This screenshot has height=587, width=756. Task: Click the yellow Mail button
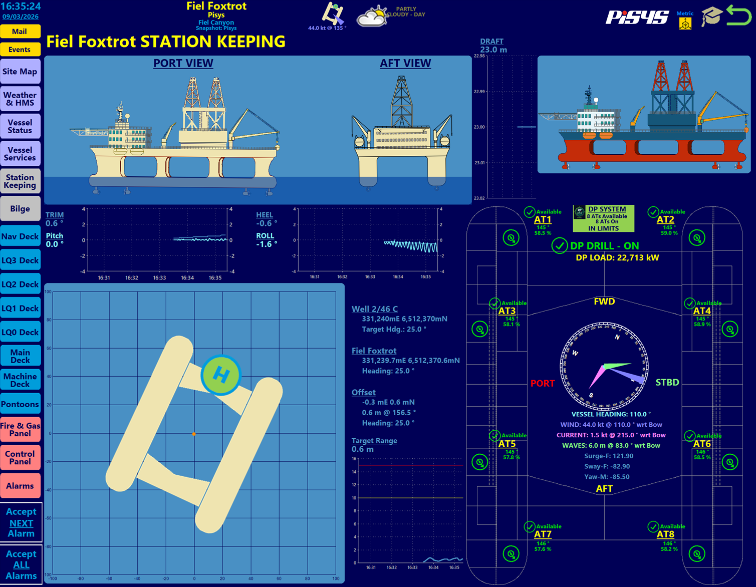point(20,32)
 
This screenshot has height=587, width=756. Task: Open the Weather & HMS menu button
point(20,99)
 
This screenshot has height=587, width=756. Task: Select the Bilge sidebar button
point(20,209)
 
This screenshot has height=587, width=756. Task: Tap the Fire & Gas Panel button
point(20,429)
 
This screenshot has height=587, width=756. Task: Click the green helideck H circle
point(221,375)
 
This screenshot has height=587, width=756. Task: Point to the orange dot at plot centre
point(194,434)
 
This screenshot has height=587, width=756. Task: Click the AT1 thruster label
point(543,219)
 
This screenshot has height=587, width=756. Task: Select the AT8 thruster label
point(665,534)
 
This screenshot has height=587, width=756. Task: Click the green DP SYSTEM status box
point(604,218)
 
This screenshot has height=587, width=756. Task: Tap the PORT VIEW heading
point(183,63)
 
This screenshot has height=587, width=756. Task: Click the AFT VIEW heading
point(405,63)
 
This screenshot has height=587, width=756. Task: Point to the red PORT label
point(543,383)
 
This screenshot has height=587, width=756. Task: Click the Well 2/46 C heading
point(375,309)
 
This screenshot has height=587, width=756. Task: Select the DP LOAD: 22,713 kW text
point(617,257)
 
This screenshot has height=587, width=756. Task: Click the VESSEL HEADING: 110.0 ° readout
point(611,414)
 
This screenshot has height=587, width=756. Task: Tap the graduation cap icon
point(711,17)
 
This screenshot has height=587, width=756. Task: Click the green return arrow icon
point(738,15)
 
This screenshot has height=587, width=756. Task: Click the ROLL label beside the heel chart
point(265,235)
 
